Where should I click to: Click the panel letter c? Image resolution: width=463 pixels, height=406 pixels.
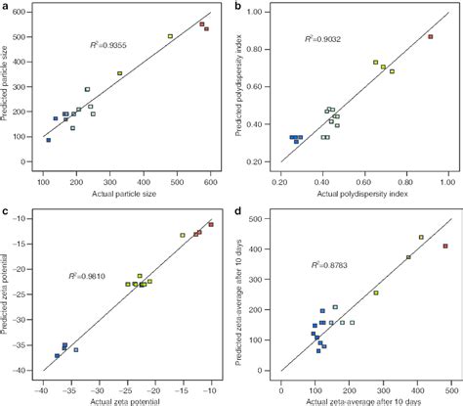tap(5, 209)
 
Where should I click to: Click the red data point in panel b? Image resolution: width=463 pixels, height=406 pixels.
tap(430, 36)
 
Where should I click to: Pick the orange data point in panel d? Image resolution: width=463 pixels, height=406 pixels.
tap(421, 237)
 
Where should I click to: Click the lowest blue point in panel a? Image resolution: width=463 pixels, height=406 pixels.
tap(48, 140)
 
